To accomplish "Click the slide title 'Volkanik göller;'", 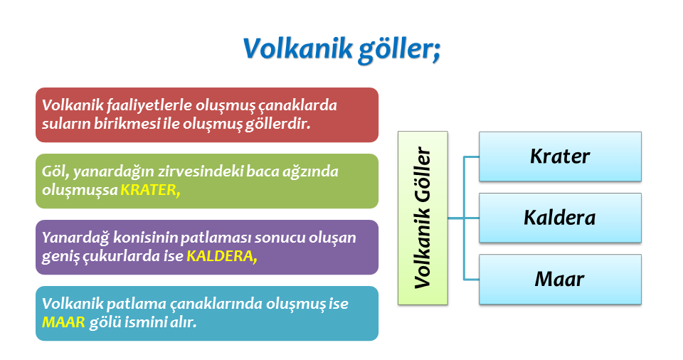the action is (342, 49).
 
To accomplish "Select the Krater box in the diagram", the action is (560, 157).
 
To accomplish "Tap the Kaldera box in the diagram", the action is (560, 218).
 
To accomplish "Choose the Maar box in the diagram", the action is (560, 279).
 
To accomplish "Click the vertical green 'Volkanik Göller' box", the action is (423, 218).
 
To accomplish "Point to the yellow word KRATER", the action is (150, 190).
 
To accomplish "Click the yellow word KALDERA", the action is (222, 256).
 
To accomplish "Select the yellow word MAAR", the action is (63, 322).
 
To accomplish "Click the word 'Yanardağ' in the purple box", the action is (75, 238).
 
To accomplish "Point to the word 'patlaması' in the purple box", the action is (216, 238).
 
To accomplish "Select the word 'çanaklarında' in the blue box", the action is (216, 305).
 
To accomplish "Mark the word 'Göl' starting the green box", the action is (55, 171).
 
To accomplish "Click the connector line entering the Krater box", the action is (471, 157).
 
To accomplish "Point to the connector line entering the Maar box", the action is (471, 279).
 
